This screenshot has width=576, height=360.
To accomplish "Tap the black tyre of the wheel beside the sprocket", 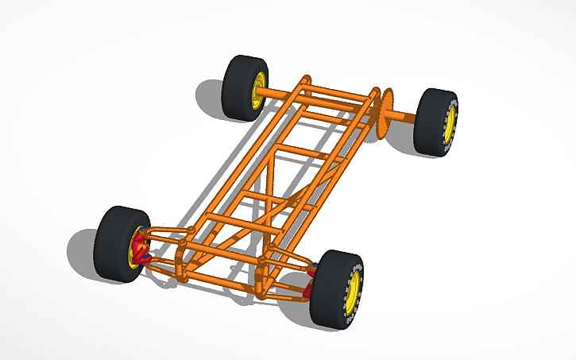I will point(429,121).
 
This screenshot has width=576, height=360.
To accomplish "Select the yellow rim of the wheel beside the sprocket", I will point(450,125).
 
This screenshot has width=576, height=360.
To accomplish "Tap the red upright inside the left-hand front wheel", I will point(140,248).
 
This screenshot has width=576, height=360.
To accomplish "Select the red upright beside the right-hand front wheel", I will point(311,274).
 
